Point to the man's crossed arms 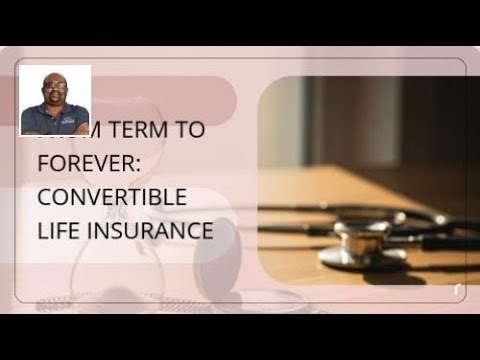pyautogui.click(x=56, y=127)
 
